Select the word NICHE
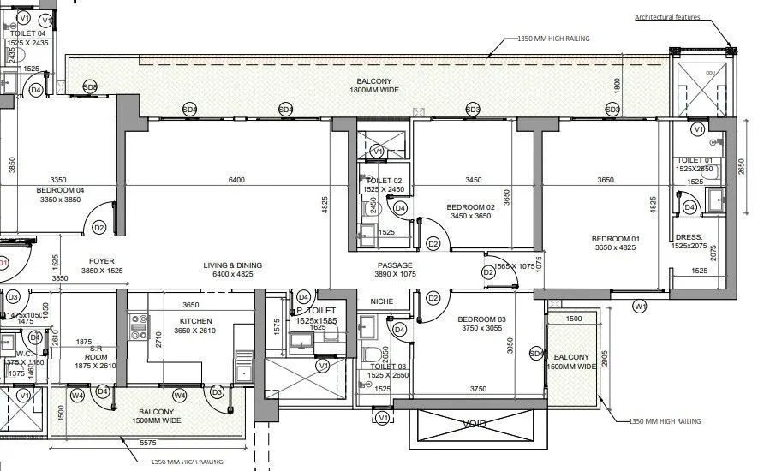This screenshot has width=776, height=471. point(382,301)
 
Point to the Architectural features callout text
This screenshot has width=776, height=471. point(667,17)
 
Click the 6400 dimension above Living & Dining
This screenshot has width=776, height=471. point(236,180)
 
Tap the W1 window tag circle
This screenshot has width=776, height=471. point(640,306)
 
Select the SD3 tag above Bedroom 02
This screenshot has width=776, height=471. point(473,110)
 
